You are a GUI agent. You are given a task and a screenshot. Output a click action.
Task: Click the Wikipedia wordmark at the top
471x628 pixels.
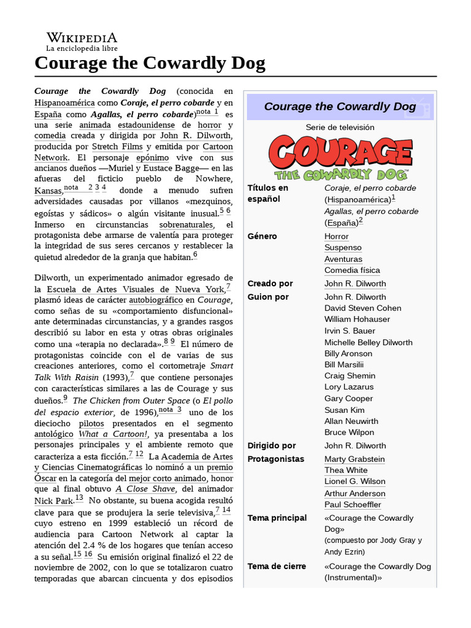coord(82,37)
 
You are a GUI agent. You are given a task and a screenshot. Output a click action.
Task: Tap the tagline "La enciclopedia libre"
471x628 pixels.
coord(82,48)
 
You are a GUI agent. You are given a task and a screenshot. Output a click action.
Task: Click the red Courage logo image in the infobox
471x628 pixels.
coord(340,158)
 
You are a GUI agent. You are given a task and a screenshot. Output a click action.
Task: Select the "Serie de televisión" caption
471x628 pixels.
coord(340,128)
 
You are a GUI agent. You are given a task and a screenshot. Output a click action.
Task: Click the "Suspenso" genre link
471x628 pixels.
coord(343,248)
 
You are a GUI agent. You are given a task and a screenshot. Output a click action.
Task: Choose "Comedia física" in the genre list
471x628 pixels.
coord(352,270)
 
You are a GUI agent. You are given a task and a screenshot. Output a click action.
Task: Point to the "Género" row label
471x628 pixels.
coord(262,236)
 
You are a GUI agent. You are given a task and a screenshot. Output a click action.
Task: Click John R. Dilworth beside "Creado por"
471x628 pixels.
coord(355,283)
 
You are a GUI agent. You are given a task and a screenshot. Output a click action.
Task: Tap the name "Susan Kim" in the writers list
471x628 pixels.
coord(344,410)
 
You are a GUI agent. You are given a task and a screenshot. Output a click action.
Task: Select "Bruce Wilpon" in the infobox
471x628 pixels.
coord(349,432)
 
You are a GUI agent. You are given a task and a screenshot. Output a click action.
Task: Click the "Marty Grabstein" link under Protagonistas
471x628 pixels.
coord(354,459)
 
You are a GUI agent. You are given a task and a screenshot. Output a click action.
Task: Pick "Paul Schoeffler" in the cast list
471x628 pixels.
coord(353,505)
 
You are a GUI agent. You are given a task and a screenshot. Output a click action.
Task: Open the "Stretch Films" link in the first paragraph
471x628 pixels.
coord(117,147)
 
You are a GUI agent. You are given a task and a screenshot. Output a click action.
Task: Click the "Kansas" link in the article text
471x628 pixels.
coord(48,191)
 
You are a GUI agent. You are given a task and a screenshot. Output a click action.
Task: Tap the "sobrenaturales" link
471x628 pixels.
coord(188,224)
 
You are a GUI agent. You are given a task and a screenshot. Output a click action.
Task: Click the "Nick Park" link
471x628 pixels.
coord(53,500)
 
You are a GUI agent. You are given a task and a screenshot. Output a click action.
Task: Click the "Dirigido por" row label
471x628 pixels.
coord(271,445)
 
